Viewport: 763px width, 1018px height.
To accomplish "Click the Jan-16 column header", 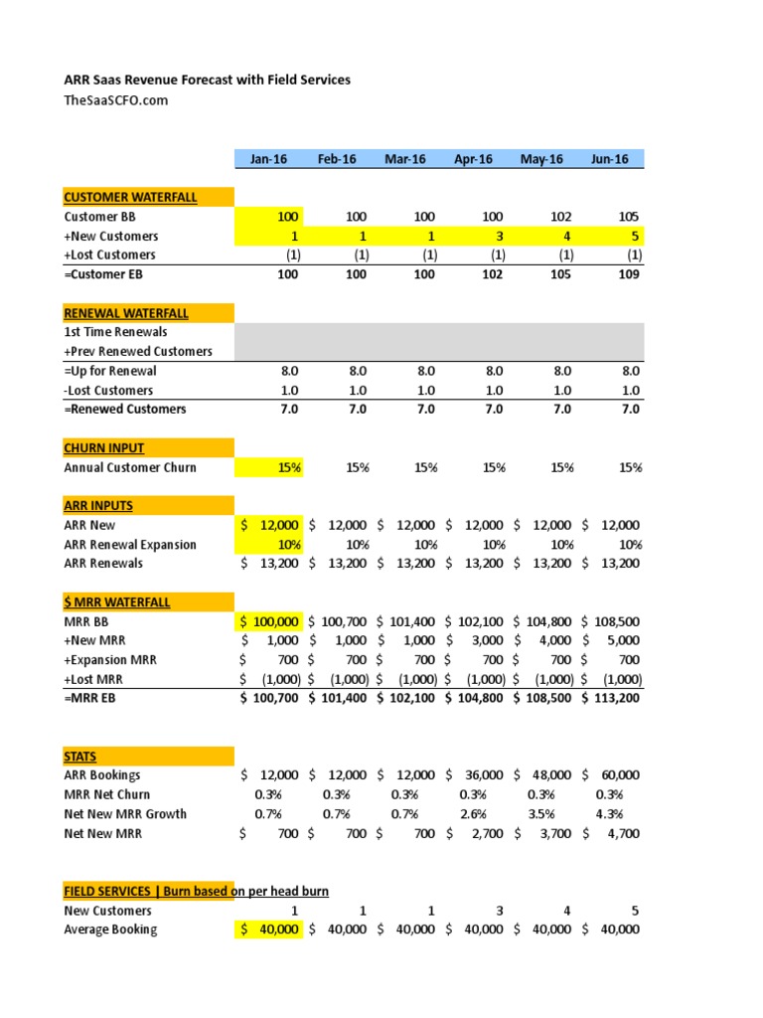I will [x=268, y=159].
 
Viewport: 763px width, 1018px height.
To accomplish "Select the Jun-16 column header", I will [x=610, y=159].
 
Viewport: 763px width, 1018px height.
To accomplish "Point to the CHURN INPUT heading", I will [x=104, y=448].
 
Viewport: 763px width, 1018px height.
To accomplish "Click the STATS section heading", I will [x=80, y=757].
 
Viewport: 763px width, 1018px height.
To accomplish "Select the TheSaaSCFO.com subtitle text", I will [x=116, y=100].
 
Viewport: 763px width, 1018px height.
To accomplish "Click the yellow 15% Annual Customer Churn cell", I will [x=268, y=467].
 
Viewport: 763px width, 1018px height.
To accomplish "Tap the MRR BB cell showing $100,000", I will [x=269, y=621].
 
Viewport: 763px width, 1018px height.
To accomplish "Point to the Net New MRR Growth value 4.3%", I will [x=609, y=814].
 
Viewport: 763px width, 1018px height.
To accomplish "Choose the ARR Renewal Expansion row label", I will [x=130, y=545].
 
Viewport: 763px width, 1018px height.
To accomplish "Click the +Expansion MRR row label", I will [x=110, y=660].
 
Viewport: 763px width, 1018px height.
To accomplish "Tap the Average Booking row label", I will [x=110, y=930].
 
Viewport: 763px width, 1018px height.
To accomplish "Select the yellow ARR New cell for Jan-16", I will [x=269, y=525].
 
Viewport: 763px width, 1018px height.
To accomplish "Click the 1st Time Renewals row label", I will [x=115, y=332].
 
